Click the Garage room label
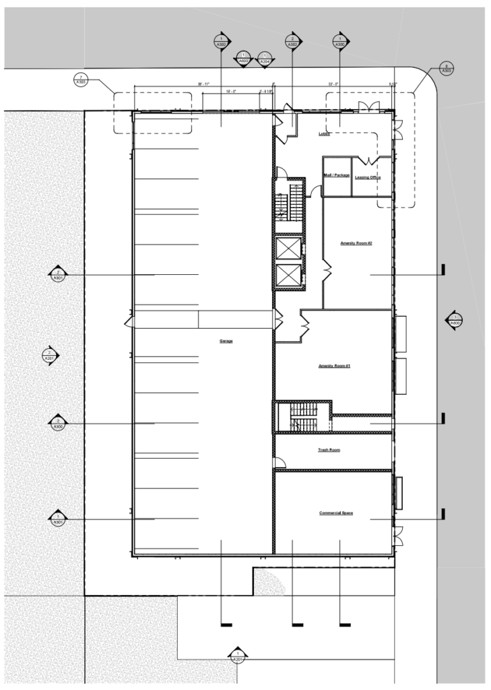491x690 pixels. click(226, 342)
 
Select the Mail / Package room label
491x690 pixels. click(337, 175)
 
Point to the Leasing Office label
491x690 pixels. click(368, 177)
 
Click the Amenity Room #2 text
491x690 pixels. click(356, 243)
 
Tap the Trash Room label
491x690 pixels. click(329, 449)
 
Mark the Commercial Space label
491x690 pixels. click(336, 513)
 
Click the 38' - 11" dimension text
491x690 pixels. click(203, 84)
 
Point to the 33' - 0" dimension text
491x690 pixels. click(333, 84)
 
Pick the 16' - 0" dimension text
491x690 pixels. click(230, 90)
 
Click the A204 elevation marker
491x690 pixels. click(265, 59)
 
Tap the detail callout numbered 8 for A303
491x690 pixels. click(446, 68)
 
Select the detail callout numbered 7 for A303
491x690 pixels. click(81, 80)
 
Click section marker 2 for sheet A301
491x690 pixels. click(59, 274)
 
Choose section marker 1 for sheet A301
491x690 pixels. click(59, 519)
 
